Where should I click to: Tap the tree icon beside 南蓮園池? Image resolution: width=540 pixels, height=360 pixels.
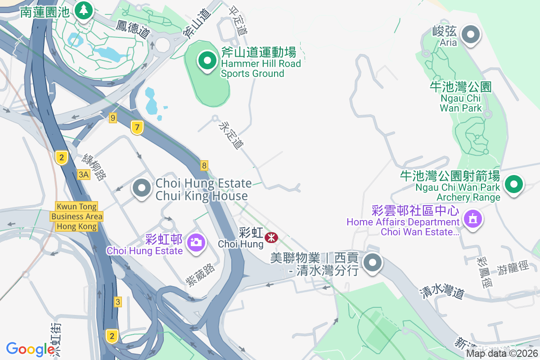click(x=83, y=10)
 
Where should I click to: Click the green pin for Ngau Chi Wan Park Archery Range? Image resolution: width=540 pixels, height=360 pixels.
click(x=513, y=184)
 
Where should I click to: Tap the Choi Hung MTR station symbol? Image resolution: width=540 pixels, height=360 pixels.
click(x=271, y=237)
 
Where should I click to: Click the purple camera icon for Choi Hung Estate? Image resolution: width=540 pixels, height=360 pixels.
click(x=196, y=243)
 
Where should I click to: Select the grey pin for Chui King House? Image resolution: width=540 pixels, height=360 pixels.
click(x=142, y=189)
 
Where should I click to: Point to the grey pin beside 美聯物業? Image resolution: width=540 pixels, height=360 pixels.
click(x=373, y=263)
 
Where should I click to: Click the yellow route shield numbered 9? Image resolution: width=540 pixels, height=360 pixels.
click(x=112, y=118)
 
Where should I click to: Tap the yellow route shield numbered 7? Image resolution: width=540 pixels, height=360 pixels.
click(x=137, y=127)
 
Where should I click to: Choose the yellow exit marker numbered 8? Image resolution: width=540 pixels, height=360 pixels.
click(x=205, y=166)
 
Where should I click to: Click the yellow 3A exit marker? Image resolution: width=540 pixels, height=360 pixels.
click(x=84, y=175)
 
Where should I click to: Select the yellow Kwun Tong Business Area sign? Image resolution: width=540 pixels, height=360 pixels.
click(x=76, y=216)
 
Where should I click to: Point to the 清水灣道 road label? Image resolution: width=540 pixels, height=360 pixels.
click(x=442, y=292)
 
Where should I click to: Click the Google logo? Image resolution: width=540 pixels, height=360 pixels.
click(x=31, y=349)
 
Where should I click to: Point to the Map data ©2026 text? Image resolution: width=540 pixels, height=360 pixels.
click(x=501, y=353)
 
